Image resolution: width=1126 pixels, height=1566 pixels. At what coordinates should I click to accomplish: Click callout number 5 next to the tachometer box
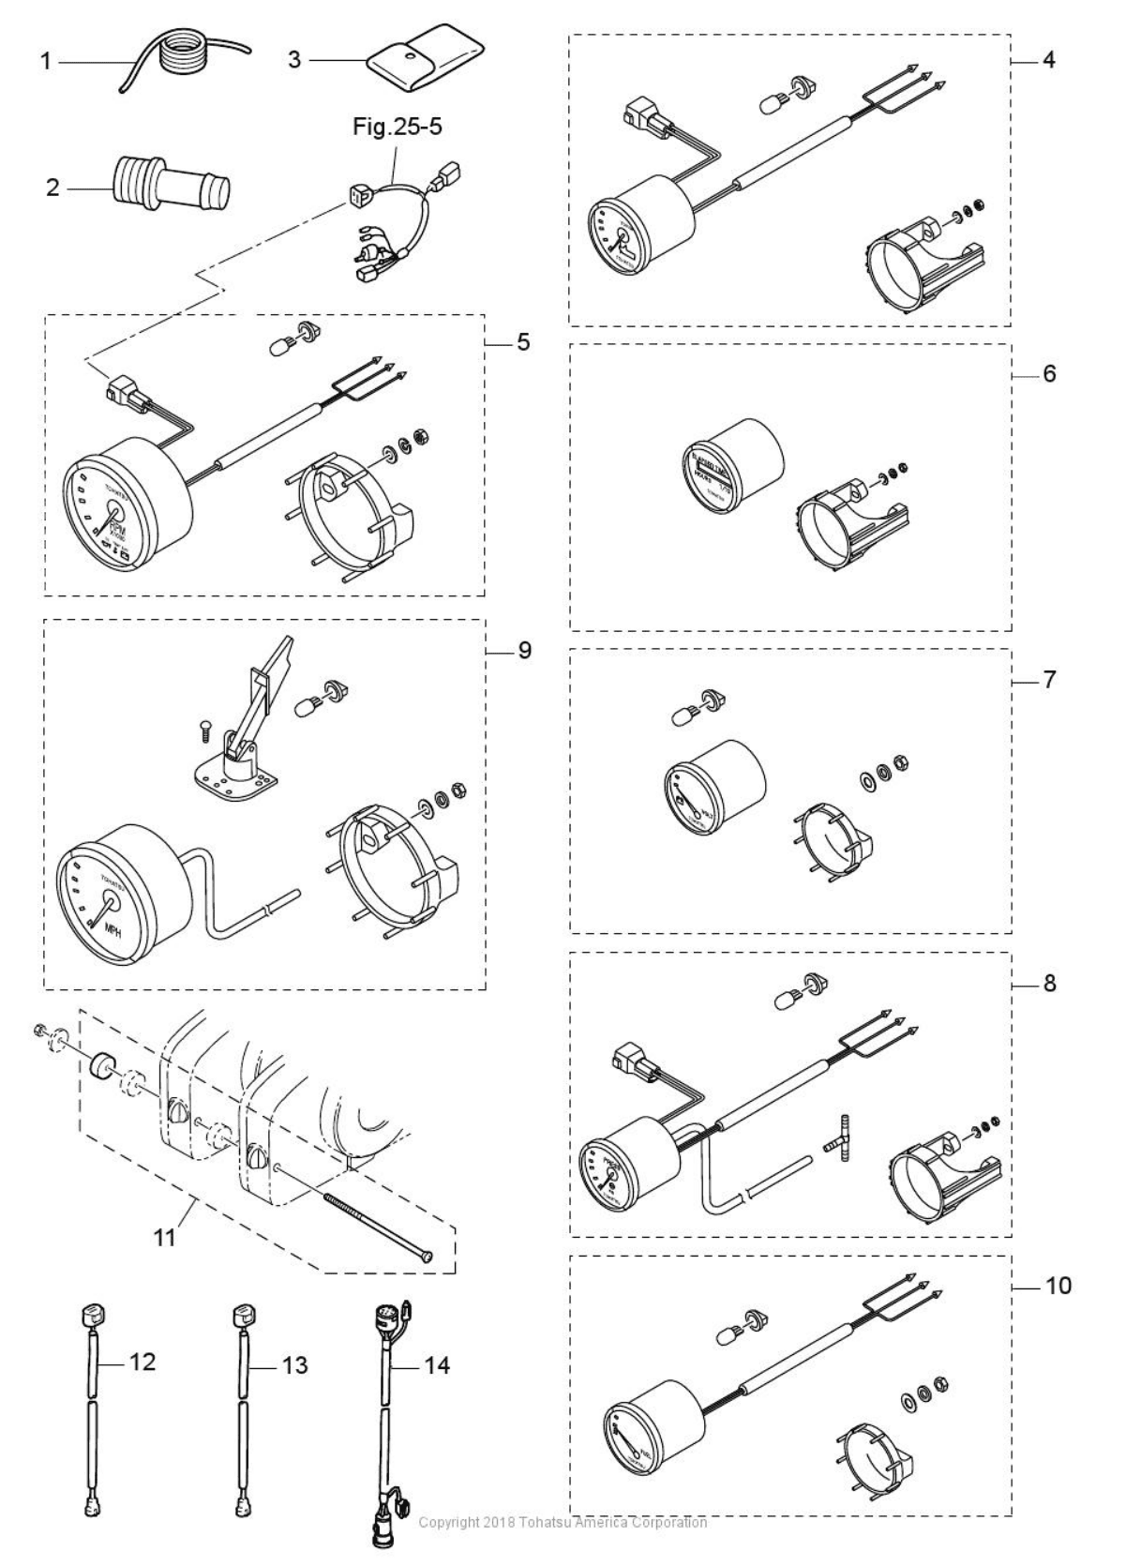522,342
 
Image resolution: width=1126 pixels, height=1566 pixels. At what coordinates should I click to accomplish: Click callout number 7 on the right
1049,679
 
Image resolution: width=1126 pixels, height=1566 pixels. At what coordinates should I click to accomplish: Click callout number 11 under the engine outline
164,1237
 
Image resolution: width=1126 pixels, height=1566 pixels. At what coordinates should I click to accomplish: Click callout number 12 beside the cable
142,1361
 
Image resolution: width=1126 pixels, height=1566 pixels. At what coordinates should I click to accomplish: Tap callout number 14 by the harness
437,1364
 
